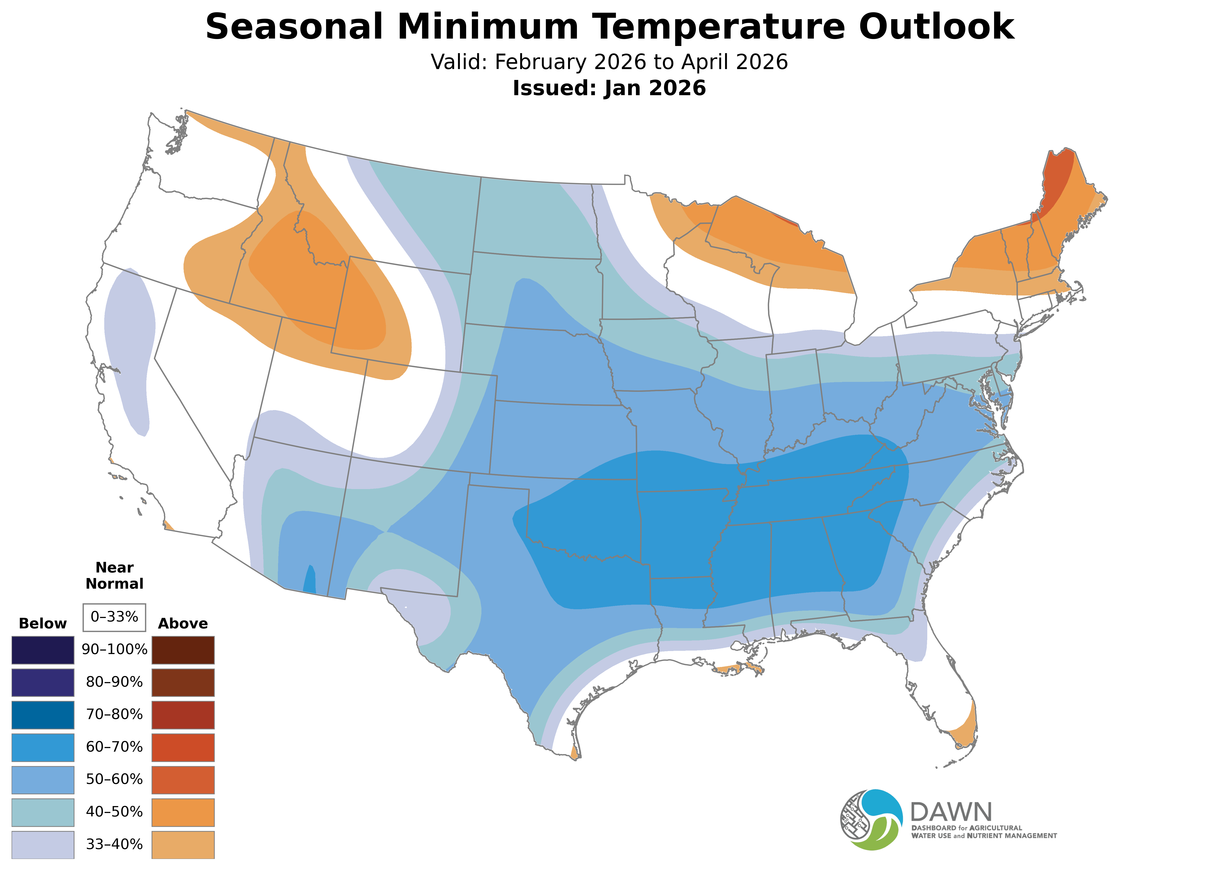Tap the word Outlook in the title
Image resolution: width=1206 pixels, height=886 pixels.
[936, 27]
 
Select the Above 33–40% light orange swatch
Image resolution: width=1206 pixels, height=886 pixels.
[183, 845]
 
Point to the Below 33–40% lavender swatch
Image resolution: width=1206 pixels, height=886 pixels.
[43, 845]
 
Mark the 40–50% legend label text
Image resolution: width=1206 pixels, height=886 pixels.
[114, 812]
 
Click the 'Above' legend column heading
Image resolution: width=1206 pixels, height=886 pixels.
[183, 624]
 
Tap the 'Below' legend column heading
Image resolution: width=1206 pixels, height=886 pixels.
[43, 624]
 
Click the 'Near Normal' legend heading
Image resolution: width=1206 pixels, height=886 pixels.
[114, 575]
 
